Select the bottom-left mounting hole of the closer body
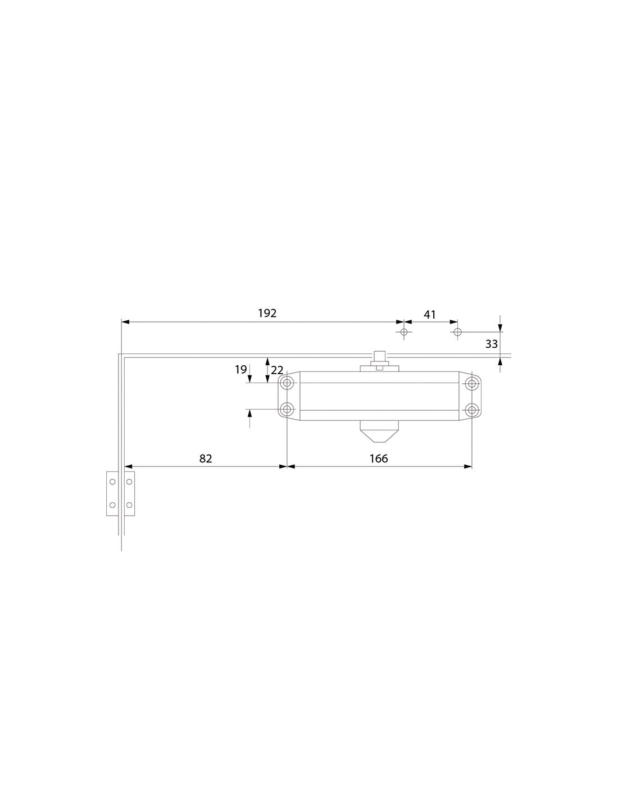[x=287, y=409]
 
